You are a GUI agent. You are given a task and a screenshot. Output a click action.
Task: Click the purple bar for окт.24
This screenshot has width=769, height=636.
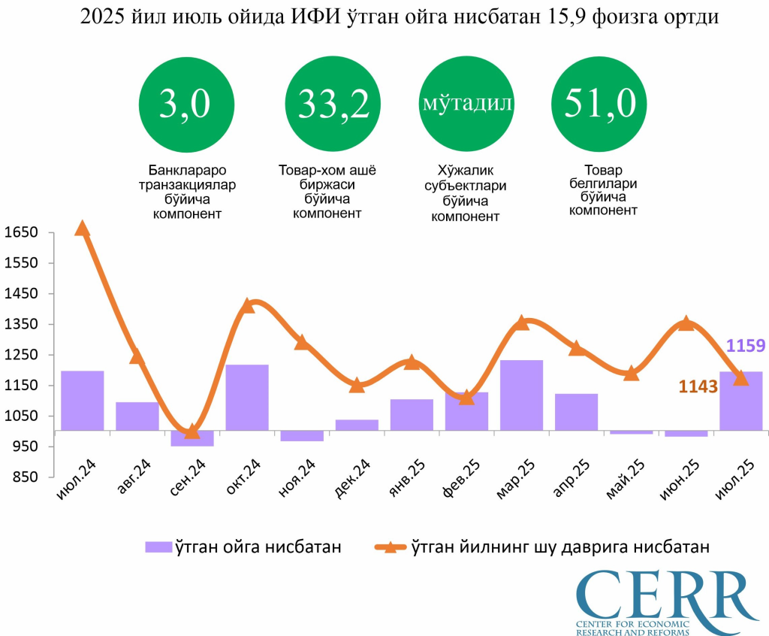coord(247,397)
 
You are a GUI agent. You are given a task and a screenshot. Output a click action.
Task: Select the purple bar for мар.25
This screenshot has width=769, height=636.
coord(521,395)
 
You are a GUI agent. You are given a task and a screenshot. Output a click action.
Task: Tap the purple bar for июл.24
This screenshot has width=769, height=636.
coord(83,400)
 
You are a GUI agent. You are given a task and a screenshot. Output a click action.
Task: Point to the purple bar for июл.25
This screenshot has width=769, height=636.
coord(740,401)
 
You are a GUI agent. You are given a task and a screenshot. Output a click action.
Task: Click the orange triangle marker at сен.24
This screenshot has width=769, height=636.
coord(192,431)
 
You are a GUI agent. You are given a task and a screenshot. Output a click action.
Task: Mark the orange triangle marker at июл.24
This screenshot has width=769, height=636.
coord(83,229)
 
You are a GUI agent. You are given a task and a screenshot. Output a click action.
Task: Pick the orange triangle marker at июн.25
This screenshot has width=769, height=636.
coord(686,323)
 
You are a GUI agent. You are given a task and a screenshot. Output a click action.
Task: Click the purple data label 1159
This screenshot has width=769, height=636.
coord(746,347)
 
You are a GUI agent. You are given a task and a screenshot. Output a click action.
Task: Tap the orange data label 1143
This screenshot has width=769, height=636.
coord(698,386)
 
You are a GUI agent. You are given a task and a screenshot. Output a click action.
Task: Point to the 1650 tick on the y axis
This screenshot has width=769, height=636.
coord(20,233)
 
